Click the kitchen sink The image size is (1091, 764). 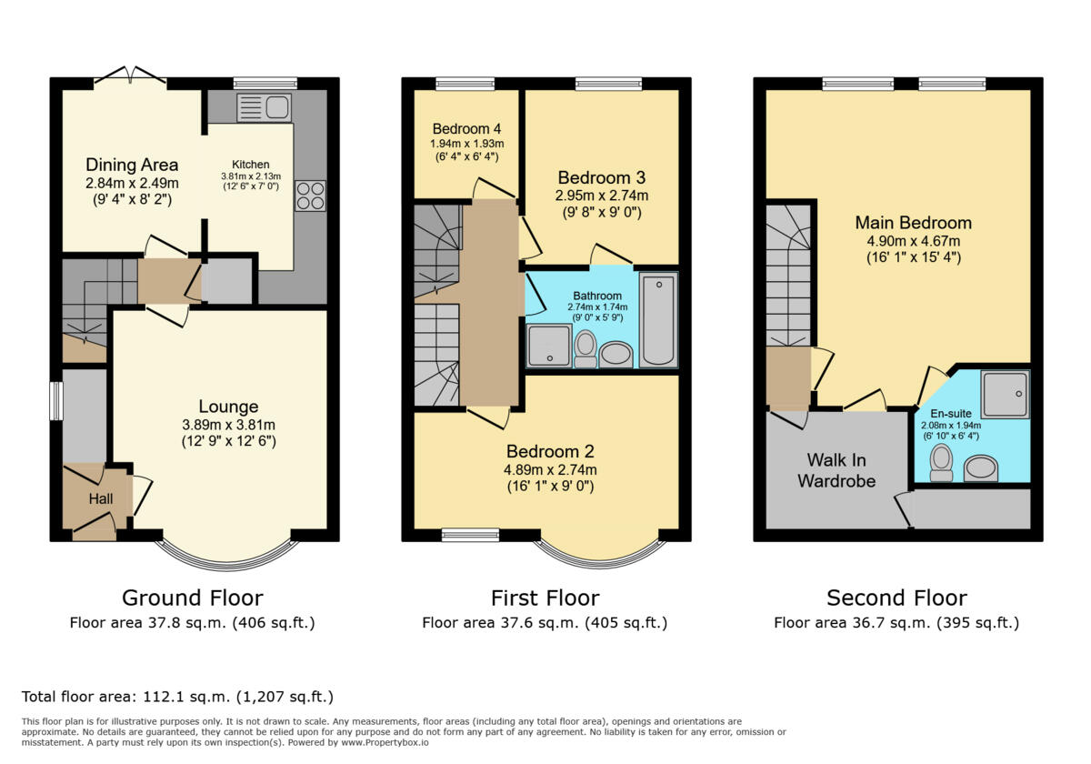264,107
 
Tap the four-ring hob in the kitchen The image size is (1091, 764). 310,196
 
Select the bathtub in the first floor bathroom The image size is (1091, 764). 658,319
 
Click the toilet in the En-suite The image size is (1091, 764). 942,463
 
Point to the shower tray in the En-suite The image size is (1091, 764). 1006,394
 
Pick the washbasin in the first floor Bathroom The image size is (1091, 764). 616,354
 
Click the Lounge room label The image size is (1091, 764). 228,407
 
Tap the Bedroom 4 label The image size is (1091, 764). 466,128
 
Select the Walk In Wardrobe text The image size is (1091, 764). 836,470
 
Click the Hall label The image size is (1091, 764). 101,498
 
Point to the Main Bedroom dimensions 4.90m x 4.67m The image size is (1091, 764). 913,241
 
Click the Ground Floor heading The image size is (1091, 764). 193,598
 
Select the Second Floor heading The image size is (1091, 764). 896,598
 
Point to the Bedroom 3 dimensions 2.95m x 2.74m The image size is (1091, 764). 602,196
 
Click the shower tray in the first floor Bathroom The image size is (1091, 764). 549,346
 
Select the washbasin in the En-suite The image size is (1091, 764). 981,468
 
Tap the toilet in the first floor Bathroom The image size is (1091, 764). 586,349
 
